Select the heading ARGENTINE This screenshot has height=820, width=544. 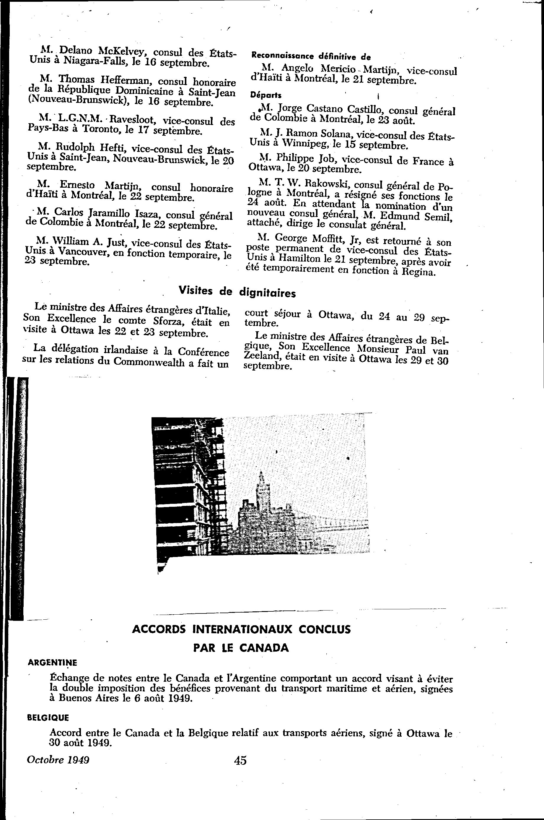coord(52,662)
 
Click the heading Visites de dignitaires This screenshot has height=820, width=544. coord(237,292)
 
